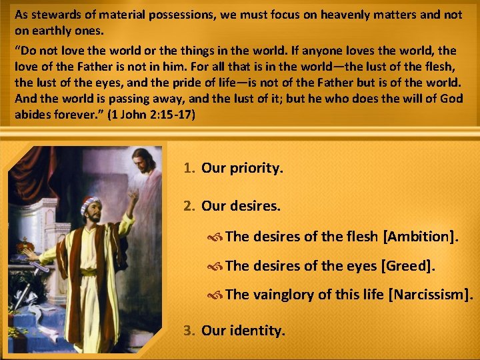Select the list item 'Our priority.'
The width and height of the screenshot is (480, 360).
tap(242, 168)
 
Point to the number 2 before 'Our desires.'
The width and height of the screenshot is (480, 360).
tap(189, 207)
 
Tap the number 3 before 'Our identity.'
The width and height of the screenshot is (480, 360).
tap(189, 330)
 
